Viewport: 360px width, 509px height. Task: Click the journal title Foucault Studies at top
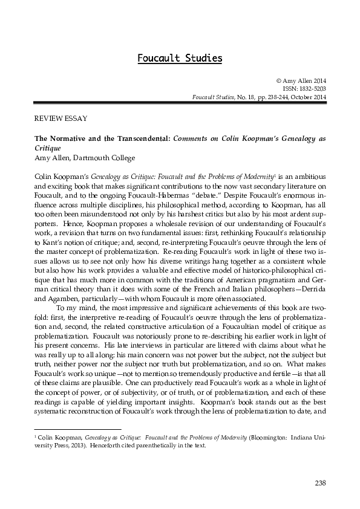180,59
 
